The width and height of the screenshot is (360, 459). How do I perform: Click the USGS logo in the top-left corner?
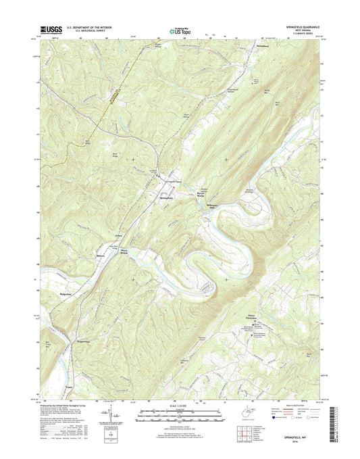51,28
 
